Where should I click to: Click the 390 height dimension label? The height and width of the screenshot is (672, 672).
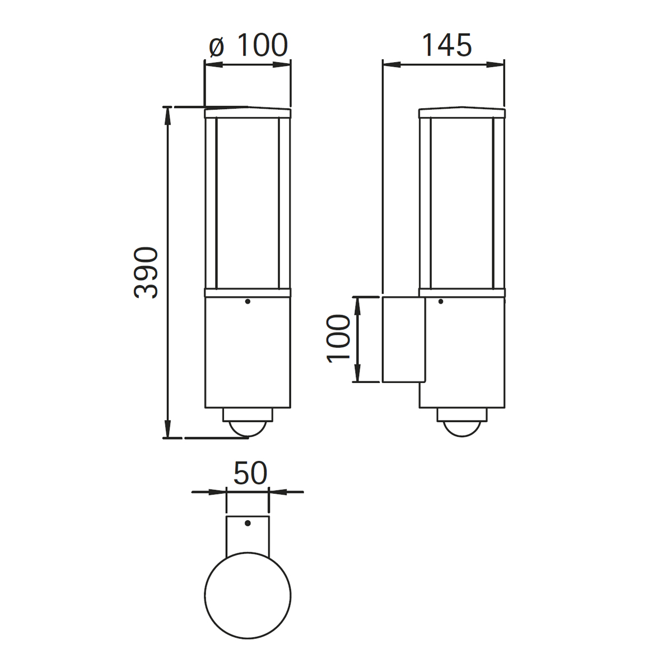pos(146,272)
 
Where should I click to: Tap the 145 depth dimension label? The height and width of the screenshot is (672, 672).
pos(447,45)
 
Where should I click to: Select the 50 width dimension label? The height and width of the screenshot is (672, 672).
pos(250,473)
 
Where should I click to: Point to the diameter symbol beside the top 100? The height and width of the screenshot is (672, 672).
pos(217,48)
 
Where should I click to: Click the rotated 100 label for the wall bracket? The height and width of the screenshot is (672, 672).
pos(338,339)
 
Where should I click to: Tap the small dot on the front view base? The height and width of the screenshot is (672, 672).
pos(248,301)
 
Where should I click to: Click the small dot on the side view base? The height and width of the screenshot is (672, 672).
pos(441,301)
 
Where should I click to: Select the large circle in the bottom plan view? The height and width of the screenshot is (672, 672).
pos(248,595)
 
